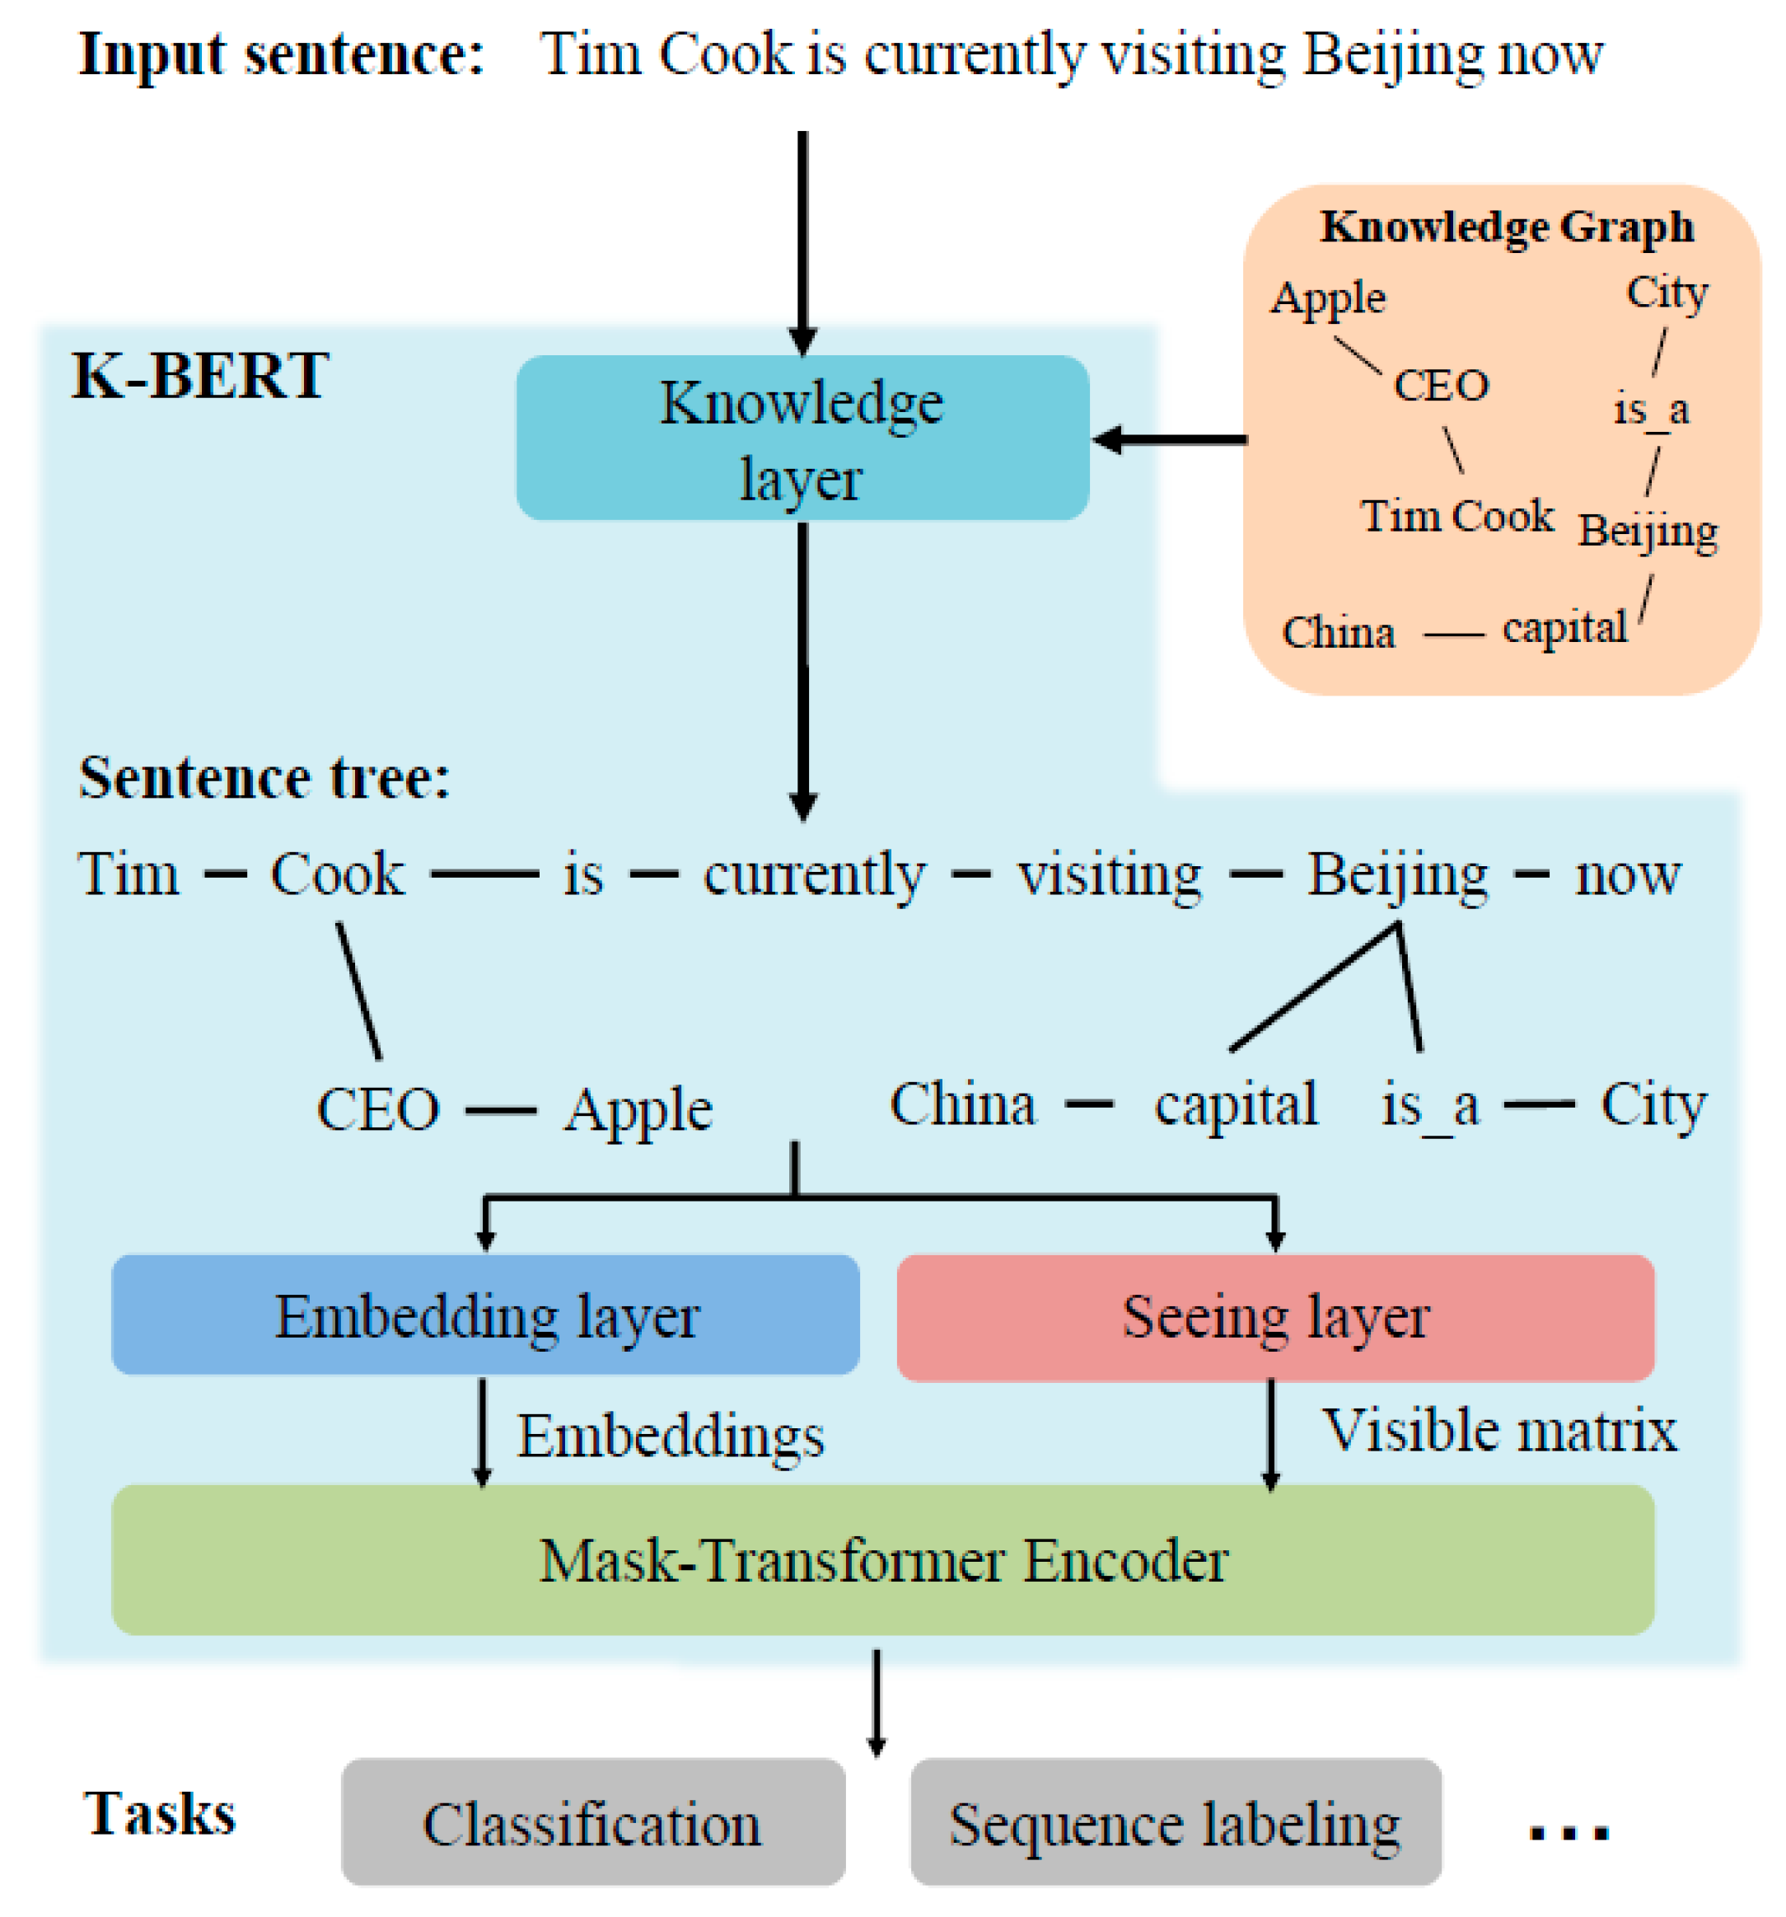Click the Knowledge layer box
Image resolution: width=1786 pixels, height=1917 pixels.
[x=802, y=438]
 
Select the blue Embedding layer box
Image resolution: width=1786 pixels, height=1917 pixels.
[x=485, y=1315]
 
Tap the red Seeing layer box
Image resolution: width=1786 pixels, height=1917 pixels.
[x=1274, y=1317]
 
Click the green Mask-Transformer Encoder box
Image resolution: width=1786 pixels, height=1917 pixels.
[x=882, y=1560]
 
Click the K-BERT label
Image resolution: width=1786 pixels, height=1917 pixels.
[x=200, y=376]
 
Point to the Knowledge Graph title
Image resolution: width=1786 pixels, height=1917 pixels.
[x=1506, y=227]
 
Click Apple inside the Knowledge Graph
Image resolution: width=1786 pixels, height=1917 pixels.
[x=1327, y=298]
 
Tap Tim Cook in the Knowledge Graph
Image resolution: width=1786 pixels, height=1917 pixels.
[x=1456, y=516]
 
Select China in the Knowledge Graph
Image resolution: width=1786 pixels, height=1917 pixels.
[x=1338, y=634]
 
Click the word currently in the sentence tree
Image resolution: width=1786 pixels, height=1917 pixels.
[x=815, y=875]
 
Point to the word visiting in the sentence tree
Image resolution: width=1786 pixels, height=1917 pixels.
[x=1110, y=875]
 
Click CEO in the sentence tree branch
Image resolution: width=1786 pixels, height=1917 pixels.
[x=378, y=1109]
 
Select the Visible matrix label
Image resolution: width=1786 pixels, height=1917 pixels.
[x=1498, y=1430]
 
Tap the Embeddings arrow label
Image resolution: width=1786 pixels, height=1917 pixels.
[x=671, y=1437]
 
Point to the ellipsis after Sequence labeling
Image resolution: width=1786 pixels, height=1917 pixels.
[x=1569, y=1831]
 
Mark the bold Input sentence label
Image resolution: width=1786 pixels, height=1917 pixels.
[x=280, y=54]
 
